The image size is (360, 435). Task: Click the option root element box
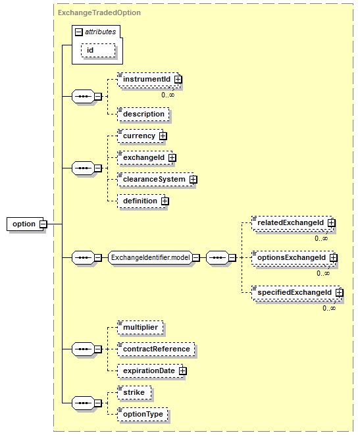point(25,224)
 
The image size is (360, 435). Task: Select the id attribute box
point(98,50)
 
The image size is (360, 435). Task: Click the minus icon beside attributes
point(79,32)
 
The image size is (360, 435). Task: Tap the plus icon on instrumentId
point(178,80)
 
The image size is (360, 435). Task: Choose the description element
point(143,114)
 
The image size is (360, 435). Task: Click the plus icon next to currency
point(163,136)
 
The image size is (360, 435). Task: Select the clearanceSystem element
point(155,179)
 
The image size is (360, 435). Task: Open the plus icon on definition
point(165,201)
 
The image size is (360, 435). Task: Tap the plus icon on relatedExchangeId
point(332,223)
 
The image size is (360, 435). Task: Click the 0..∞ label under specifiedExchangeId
point(329,308)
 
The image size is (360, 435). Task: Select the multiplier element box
point(140,327)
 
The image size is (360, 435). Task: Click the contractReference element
point(156,349)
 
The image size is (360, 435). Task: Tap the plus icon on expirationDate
point(182,371)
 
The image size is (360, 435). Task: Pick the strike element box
point(134,393)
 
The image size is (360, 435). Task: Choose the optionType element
point(143,414)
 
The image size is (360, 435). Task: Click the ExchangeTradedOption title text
point(99,13)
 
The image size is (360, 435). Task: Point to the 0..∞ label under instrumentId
point(168,95)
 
